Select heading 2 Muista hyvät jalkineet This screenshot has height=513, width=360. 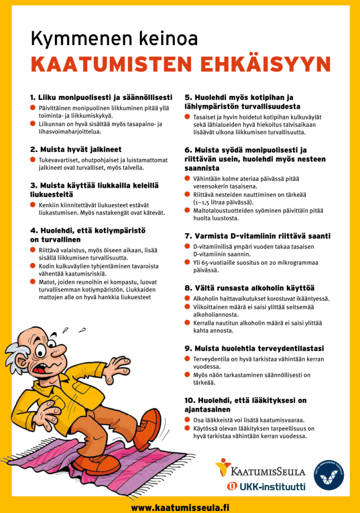[x=76, y=149]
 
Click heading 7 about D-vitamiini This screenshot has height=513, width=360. [x=257, y=236]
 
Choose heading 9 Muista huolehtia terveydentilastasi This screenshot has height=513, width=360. [x=254, y=348]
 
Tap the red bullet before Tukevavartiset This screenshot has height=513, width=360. [x=32, y=159]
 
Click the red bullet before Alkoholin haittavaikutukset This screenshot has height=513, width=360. [x=187, y=298]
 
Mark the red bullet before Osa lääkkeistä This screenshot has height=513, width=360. [x=187, y=420]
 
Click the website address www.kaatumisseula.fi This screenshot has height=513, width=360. [x=180, y=507]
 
